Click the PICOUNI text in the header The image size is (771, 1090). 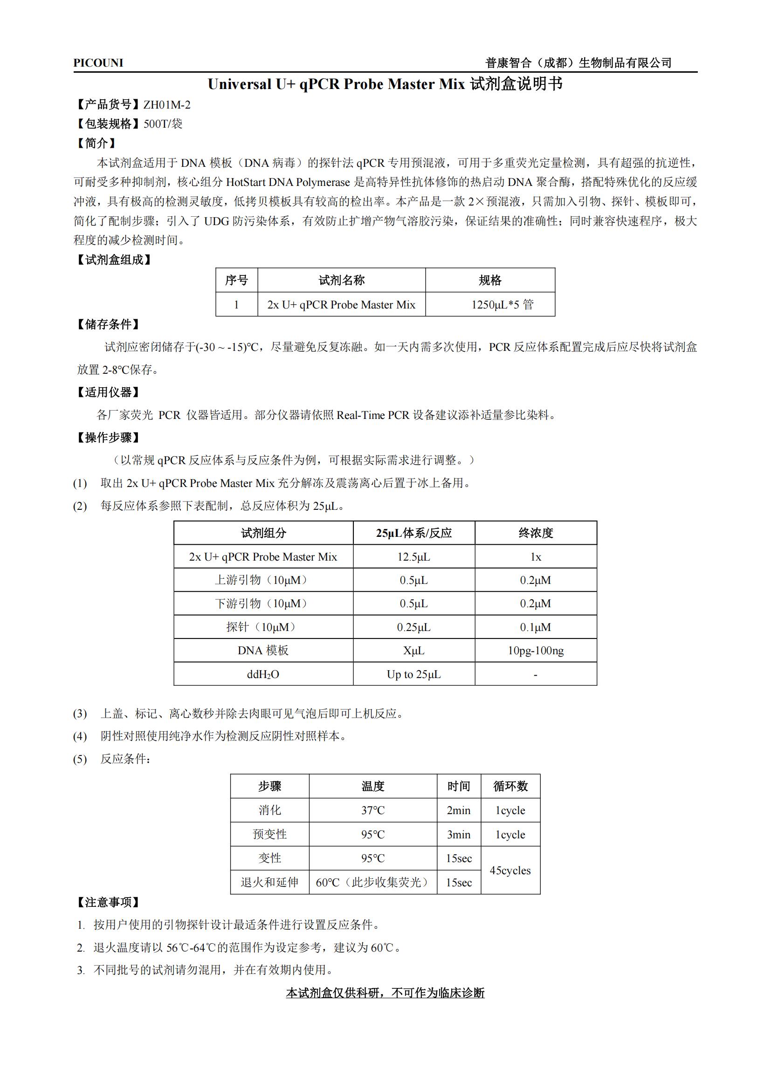coord(98,63)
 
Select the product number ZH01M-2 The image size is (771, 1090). coord(166,105)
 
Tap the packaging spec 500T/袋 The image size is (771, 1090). coord(163,124)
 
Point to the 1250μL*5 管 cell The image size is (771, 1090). coord(503,304)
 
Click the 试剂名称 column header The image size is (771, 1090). coord(341,280)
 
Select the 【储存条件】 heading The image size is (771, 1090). coord(108,324)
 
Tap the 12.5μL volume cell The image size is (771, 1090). coord(413,556)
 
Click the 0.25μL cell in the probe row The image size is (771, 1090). coord(413,627)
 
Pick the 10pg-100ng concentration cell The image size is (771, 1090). coord(536,651)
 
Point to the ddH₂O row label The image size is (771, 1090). coord(263,674)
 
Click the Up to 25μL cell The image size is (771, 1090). coord(413,674)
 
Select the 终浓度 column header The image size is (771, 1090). coord(536,533)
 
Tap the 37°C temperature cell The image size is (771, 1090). coord(373,810)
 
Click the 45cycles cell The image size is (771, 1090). coord(510,870)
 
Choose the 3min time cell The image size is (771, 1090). coord(458,834)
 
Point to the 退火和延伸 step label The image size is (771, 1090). coord(269,882)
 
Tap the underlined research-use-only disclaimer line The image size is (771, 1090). coord(385,993)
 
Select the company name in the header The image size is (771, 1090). coord(578,62)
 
